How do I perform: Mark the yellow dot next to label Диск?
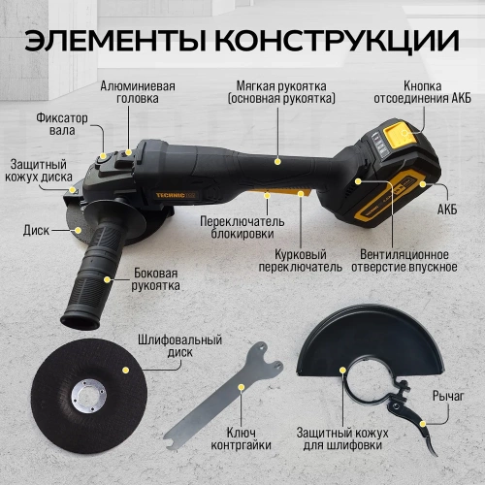point(77,231)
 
